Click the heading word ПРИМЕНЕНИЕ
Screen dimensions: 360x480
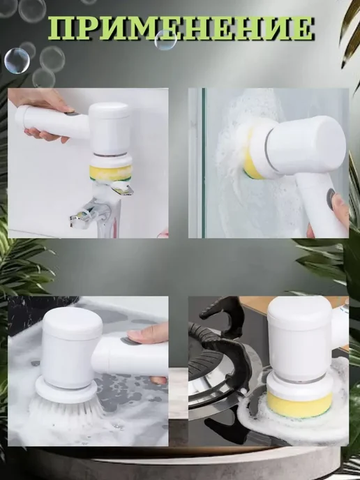[x=181, y=28]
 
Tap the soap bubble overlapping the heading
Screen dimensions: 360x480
[x=165, y=40]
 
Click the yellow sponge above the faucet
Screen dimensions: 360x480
[x=110, y=173]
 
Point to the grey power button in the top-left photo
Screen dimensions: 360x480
[x=73, y=113]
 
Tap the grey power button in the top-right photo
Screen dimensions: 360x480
[x=331, y=198]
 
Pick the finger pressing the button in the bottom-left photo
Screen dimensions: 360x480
[x=147, y=335]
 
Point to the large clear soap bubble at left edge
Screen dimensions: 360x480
[x=17, y=61]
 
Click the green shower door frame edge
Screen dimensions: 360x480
[x=203, y=163]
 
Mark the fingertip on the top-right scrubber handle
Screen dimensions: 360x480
[x=339, y=206]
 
